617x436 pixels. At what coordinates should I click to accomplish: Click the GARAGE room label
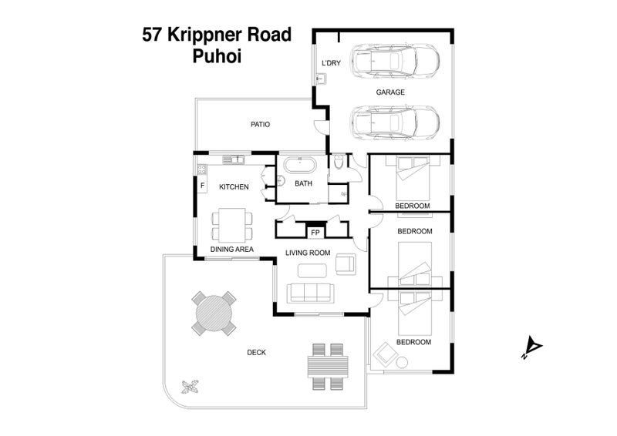(x=390, y=92)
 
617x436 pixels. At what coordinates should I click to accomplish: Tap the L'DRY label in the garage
(x=330, y=65)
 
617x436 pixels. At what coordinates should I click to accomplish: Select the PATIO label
(x=260, y=124)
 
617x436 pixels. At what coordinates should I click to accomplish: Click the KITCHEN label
(x=234, y=186)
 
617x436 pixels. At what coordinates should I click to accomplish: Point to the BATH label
(x=303, y=183)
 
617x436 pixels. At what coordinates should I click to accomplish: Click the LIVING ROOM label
(x=308, y=252)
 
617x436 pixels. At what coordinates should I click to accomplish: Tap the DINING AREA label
(x=232, y=249)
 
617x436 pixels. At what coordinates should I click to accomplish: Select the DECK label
(x=257, y=352)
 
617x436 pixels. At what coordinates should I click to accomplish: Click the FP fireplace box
(x=315, y=231)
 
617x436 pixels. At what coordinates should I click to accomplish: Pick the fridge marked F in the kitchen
(x=203, y=186)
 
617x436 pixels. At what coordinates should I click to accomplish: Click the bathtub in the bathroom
(x=298, y=165)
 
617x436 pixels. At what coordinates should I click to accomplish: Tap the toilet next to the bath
(x=339, y=163)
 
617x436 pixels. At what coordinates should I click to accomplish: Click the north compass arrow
(x=531, y=347)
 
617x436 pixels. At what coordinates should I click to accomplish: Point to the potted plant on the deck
(x=191, y=387)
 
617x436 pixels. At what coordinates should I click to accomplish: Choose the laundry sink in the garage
(x=321, y=78)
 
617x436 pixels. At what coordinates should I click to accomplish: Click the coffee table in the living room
(x=313, y=270)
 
